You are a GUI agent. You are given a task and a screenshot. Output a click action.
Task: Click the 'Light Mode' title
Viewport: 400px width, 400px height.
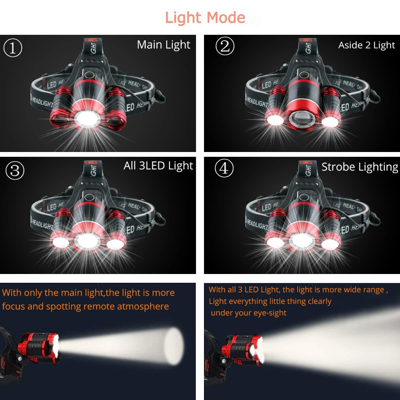click(205, 18)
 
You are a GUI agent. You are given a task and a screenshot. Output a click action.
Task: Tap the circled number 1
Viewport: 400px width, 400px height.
click(13, 48)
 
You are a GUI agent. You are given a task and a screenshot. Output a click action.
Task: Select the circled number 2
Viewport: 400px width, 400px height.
click(225, 46)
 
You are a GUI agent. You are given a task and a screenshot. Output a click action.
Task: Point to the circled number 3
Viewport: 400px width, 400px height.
click(15, 170)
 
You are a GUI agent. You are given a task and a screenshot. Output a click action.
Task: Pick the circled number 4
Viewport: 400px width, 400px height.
click(224, 168)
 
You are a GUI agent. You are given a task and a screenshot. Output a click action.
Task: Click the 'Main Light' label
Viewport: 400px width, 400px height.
click(164, 45)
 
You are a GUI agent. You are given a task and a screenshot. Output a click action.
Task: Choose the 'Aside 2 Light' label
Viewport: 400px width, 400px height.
click(366, 46)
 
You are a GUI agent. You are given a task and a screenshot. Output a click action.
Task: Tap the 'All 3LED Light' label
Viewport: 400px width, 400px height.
click(158, 166)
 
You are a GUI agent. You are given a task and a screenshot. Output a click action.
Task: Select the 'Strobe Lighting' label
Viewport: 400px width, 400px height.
click(360, 167)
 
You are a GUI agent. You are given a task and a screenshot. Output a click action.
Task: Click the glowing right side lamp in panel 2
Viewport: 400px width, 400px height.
click(330, 121)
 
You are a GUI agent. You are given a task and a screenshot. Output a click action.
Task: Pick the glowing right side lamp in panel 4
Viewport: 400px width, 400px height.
click(330, 243)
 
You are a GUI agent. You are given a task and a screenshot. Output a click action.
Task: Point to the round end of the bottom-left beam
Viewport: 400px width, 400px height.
click(175, 346)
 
